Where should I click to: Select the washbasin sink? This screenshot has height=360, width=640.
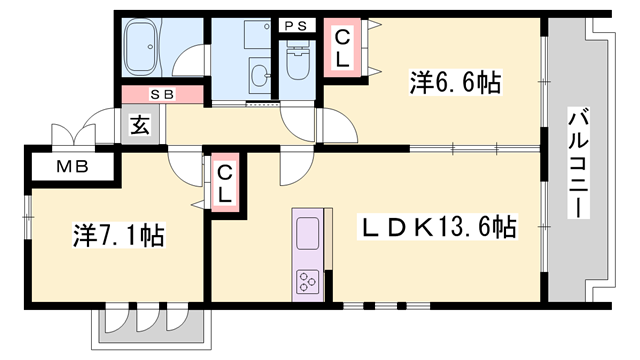tap(261, 74)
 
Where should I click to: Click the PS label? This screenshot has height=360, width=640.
tap(296, 25)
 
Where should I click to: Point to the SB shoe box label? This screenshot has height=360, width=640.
tap(162, 94)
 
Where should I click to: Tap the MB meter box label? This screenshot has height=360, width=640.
tap(70, 166)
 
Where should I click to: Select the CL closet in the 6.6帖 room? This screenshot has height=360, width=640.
tap(341, 48)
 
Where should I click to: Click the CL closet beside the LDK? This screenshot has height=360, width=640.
tap(224, 182)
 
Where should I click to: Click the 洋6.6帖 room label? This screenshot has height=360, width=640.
tap(455, 82)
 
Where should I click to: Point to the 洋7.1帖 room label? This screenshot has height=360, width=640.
tap(117, 236)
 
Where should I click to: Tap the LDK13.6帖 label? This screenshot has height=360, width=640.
tap(438, 228)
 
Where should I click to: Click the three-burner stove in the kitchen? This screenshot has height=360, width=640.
tap(305, 283)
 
